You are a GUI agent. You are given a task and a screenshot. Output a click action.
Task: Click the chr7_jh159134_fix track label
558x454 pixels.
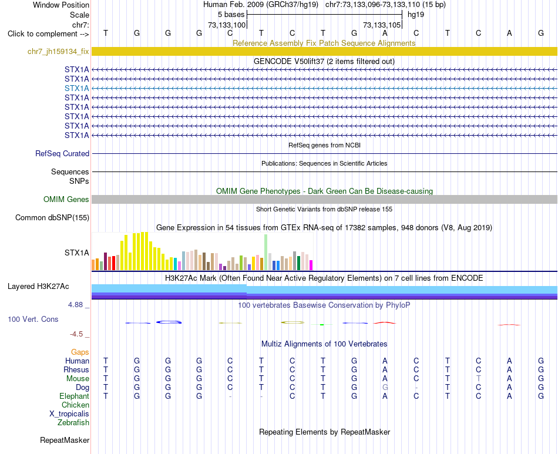[58, 51]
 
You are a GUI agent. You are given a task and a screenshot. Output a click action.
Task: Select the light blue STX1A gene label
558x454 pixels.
[76, 88]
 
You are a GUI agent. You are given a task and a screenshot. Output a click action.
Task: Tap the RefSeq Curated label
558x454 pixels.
[62, 153]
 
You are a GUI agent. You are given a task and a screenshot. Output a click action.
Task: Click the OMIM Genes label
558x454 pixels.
[66, 199]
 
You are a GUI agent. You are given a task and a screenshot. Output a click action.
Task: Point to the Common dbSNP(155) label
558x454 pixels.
[52, 217]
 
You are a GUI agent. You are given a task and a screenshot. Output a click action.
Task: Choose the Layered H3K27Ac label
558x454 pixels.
[38, 287]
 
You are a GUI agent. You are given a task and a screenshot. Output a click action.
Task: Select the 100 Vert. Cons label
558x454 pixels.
[33, 319]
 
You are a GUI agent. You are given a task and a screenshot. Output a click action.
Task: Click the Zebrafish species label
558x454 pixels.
[73, 423]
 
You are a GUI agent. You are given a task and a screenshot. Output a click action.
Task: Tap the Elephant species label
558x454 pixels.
[74, 396]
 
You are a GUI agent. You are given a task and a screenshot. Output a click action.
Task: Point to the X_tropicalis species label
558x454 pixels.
[69, 414]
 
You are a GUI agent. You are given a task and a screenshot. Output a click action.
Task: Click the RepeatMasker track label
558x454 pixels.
[65, 440]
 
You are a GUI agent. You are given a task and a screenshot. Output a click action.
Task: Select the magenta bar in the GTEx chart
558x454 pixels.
[311, 265]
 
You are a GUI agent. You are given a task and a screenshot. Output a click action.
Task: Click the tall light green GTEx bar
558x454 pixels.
[265, 253]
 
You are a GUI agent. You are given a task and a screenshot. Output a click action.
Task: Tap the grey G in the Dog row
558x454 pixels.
[385, 387]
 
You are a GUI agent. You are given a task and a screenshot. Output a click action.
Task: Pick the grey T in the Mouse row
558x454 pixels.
[478, 378]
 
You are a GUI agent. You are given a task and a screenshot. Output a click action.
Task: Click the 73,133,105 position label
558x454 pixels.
[381, 25]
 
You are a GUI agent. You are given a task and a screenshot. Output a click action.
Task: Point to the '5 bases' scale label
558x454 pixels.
[231, 15]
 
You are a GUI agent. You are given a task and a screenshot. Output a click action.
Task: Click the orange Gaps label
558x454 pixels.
[80, 352]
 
